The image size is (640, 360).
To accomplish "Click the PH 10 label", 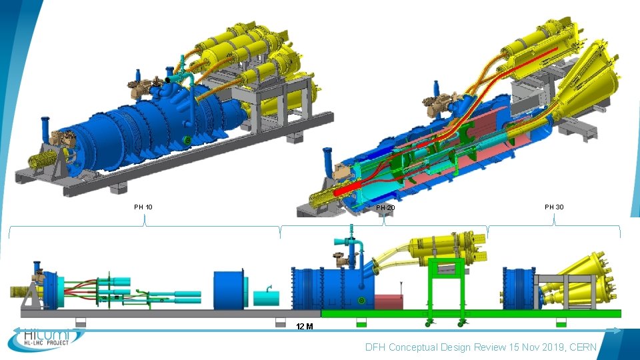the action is click(143, 207).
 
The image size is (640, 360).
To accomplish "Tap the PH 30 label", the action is click(554, 207).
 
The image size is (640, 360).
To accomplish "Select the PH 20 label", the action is click(386, 208).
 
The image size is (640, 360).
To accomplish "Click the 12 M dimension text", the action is click(305, 326).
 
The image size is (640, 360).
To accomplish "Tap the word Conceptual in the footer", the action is click(412, 347).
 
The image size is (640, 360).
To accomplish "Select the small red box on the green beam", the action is click(389, 301).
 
